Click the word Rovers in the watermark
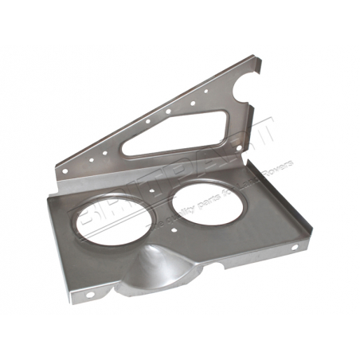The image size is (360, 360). pyautogui.click(x=276, y=170)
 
